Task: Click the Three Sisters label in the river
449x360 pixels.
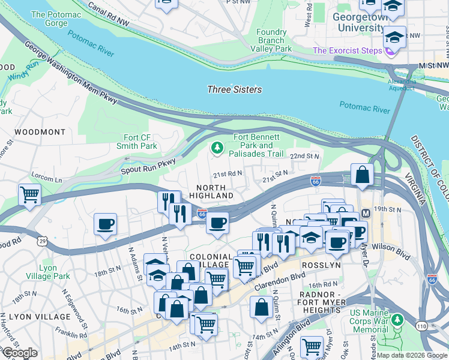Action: click(234, 89)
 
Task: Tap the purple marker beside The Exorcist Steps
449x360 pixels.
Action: click(388, 51)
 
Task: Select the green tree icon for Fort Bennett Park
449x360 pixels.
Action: click(216, 146)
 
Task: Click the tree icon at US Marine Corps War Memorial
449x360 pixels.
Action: click(396, 322)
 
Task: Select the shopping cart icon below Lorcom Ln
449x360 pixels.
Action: click(30, 194)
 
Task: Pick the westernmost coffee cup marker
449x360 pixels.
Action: click(106, 224)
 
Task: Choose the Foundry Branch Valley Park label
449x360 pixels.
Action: click(271, 40)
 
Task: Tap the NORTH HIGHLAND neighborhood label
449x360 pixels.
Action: click(211, 191)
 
